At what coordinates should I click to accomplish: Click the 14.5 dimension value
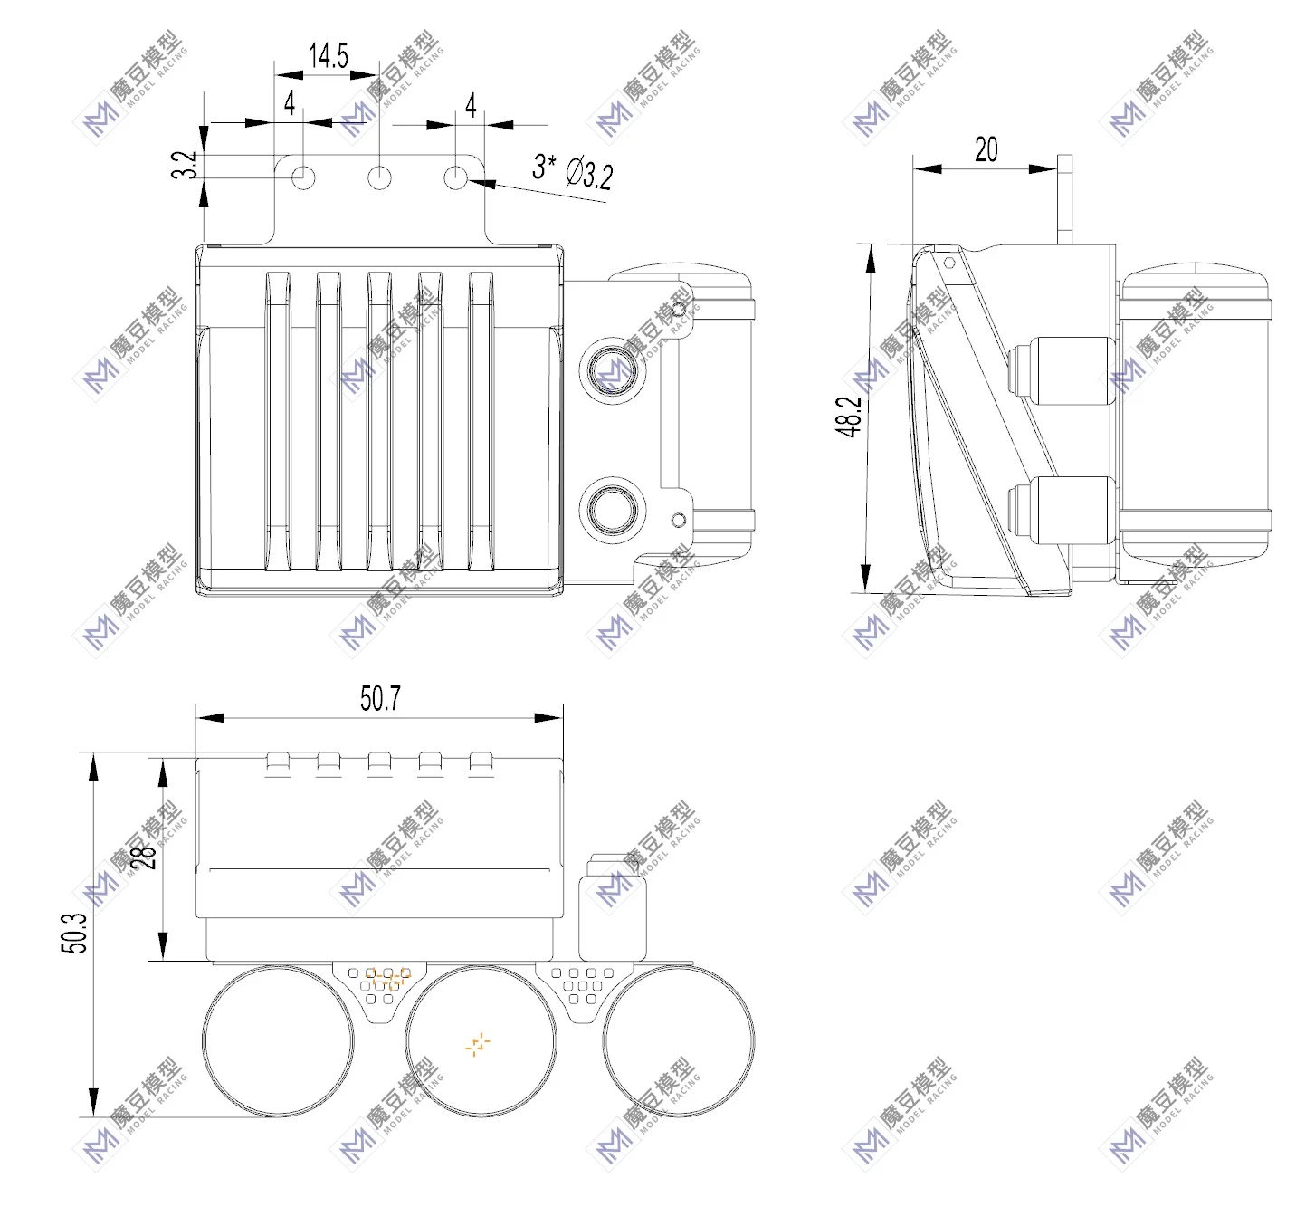(329, 56)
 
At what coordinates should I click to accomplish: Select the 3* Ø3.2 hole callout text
(573, 170)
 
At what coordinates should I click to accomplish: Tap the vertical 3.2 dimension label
(185, 165)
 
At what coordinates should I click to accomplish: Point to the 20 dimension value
(986, 149)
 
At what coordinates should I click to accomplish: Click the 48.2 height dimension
(849, 417)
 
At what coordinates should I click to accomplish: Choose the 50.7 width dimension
(380, 698)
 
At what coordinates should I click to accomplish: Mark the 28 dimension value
(145, 857)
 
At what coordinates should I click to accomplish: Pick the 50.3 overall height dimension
(75, 933)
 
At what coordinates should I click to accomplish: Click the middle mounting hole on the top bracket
(380, 177)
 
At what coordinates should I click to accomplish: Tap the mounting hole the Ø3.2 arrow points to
(456, 177)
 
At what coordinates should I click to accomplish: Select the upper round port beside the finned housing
(613, 369)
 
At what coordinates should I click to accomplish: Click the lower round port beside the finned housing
(613, 508)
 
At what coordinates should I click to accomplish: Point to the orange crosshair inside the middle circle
(478, 1044)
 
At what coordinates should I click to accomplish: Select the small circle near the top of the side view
(949, 263)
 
